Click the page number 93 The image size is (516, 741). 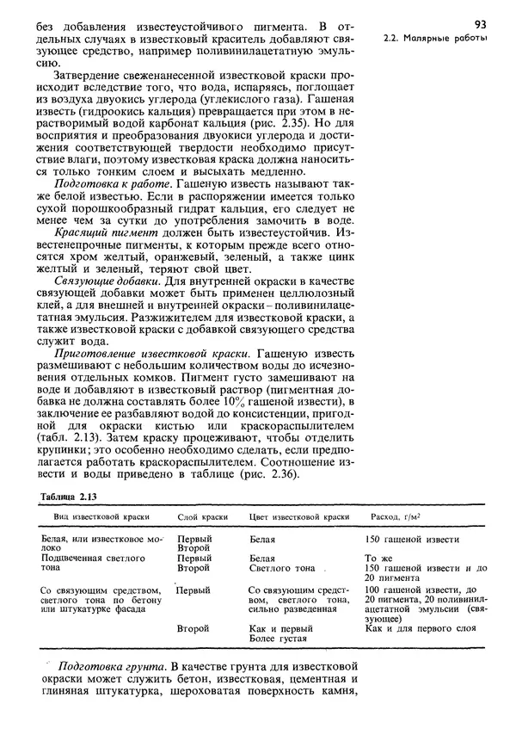tap(481, 23)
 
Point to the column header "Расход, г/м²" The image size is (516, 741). tap(400, 516)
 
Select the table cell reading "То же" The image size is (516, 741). tap(378, 558)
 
